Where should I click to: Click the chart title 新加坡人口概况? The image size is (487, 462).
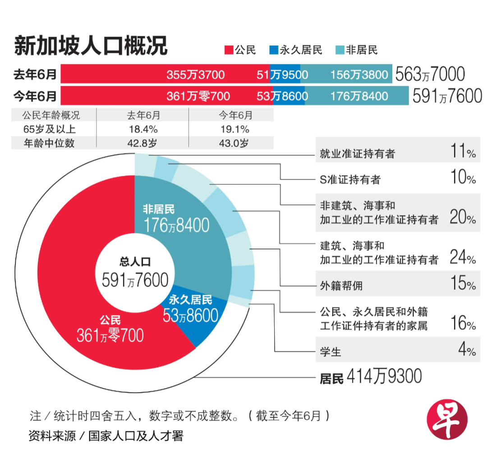click(x=91, y=46)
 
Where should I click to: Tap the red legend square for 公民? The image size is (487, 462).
click(x=228, y=50)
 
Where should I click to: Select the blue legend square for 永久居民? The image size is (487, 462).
click(x=273, y=50)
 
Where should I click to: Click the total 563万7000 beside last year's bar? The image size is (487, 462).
click(x=430, y=74)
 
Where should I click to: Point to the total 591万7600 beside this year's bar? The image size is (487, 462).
click(x=447, y=96)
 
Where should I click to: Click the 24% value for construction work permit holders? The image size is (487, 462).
click(x=463, y=257)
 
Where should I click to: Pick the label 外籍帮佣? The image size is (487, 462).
click(x=341, y=285)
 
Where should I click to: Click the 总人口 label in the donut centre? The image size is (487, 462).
click(x=134, y=262)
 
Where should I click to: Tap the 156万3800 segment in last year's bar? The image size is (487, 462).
click(x=359, y=74)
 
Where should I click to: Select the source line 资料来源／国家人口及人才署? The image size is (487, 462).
click(x=106, y=436)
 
